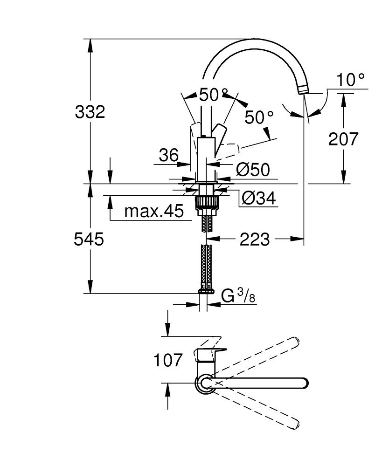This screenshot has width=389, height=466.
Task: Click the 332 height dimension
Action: click(90, 112)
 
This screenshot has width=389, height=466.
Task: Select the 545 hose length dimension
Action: click(89, 240)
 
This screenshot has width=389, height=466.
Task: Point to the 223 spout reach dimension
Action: click(254, 240)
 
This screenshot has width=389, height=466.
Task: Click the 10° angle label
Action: click(351, 80)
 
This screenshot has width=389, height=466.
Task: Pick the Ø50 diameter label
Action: click(253, 170)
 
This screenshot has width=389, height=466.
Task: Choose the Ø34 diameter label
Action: click(259, 199)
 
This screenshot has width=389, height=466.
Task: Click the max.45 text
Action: click(154, 212)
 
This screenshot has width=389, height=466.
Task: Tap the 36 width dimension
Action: click(168, 155)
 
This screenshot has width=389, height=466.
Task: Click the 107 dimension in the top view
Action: click(168, 360)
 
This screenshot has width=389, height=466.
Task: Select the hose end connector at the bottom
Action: click(205, 290)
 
